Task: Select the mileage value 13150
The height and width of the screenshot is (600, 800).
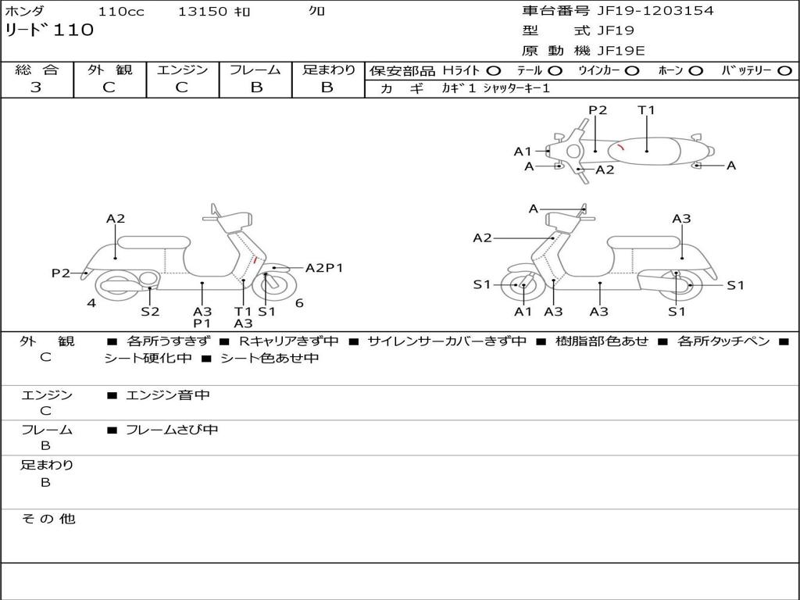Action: pyautogui.click(x=202, y=12)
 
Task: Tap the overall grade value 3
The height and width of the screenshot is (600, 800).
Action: pyautogui.click(x=36, y=87)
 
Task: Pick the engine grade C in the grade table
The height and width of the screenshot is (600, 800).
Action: pyautogui.click(x=181, y=87)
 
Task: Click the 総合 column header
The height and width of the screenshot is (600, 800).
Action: pyautogui.click(x=36, y=70)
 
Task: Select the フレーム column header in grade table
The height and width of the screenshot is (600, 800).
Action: pyautogui.click(x=255, y=70)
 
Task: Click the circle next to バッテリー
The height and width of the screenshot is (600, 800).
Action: pyautogui.click(x=784, y=71)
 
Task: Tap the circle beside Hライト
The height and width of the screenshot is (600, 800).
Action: pyautogui.click(x=493, y=71)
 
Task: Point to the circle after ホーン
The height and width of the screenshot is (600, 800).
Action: pyautogui.click(x=695, y=71)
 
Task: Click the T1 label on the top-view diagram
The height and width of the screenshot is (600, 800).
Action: pyautogui.click(x=646, y=110)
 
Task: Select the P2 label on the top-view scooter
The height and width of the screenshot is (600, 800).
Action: pyautogui.click(x=598, y=110)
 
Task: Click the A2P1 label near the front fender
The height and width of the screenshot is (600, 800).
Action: pyautogui.click(x=324, y=268)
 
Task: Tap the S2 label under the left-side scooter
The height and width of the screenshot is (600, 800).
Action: pyautogui.click(x=150, y=311)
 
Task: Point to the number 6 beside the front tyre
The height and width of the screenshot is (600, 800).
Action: pyautogui.click(x=299, y=303)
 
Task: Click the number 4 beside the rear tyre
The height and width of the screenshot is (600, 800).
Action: pyautogui.click(x=91, y=303)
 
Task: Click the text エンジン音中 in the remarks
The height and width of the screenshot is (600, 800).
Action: pyautogui.click(x=168, y=395)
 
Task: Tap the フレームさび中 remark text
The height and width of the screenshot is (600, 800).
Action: pyautogui.click(x=172, y=430)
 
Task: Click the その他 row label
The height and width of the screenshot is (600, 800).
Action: pyautogui.click(x=48, y=519)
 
